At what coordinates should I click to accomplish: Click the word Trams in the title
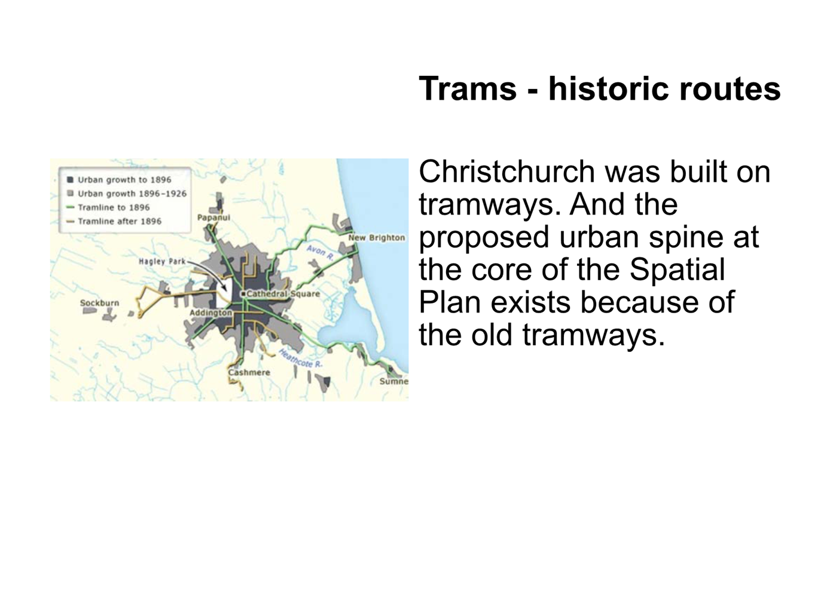click(468, 89)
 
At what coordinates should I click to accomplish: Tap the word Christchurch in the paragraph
click(507, 172)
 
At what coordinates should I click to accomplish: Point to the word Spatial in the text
click(677, 270)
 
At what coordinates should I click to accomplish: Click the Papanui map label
click(213, 218)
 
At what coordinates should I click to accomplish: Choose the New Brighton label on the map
click(377, 237)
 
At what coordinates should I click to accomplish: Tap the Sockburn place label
click(99, 303)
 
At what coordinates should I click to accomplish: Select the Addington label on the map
click(210, 313)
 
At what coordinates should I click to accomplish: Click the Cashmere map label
click(249, 372)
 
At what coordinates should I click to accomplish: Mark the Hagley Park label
click(162, 261)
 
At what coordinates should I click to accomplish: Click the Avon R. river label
click(319, 252)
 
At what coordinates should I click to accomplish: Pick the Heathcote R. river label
click(300, 359)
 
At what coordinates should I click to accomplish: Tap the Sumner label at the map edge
click(394, 381)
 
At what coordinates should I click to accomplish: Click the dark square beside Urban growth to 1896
click(70, 180)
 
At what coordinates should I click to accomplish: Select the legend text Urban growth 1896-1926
click(132, 194)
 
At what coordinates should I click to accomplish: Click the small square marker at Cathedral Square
click(243, 294)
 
